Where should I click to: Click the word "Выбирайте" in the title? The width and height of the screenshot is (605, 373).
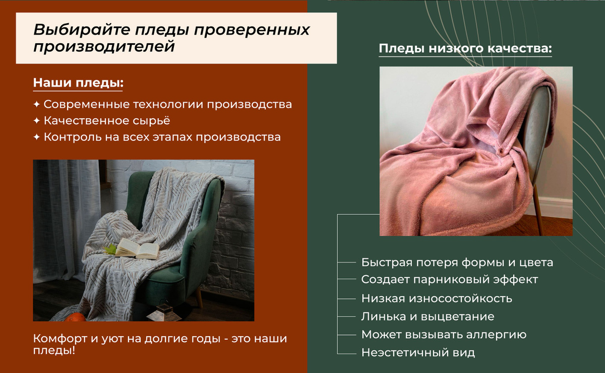(82, 30)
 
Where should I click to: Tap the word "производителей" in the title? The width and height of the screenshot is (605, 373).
(104, 47)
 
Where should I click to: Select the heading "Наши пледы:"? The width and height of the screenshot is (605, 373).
(78, 83)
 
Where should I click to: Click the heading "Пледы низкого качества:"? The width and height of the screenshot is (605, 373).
(465, 48)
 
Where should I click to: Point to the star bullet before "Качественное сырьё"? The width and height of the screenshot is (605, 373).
(37, 120)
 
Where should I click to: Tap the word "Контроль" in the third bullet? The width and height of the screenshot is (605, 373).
(73, 137)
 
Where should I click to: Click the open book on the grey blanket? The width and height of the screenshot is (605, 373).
(137, 249)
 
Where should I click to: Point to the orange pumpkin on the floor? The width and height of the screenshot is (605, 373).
(75, 317)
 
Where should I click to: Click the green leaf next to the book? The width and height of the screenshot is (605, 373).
(110, 250)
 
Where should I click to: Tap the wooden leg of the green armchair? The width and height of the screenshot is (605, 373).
(199, 297)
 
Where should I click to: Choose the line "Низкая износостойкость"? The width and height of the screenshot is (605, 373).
(437, 299)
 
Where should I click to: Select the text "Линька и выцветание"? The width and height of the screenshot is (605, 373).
(428, 317)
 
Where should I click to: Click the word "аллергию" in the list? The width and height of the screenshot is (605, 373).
(496, 335)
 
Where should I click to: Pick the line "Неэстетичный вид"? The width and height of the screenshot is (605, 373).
(418, 352)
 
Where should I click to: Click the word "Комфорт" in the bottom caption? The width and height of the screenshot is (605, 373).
(60, 339)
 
